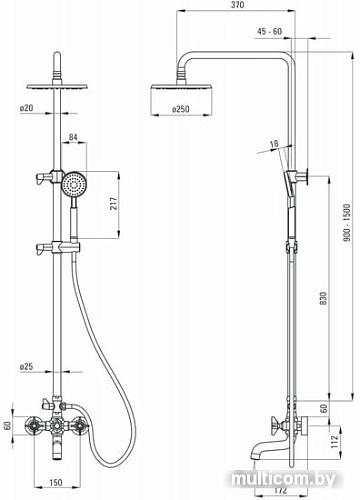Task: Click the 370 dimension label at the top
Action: point(237,5)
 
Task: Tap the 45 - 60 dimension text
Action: point(269,31)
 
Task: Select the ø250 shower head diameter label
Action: point(180,109)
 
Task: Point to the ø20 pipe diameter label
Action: point(27,108)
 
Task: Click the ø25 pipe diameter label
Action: point(27,367)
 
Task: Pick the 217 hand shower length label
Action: point(114,203)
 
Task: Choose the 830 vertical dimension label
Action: point(323,299)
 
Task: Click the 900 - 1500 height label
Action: point(347,223)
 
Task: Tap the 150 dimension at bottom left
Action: point(56,482)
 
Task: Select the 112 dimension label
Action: point(335,441)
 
